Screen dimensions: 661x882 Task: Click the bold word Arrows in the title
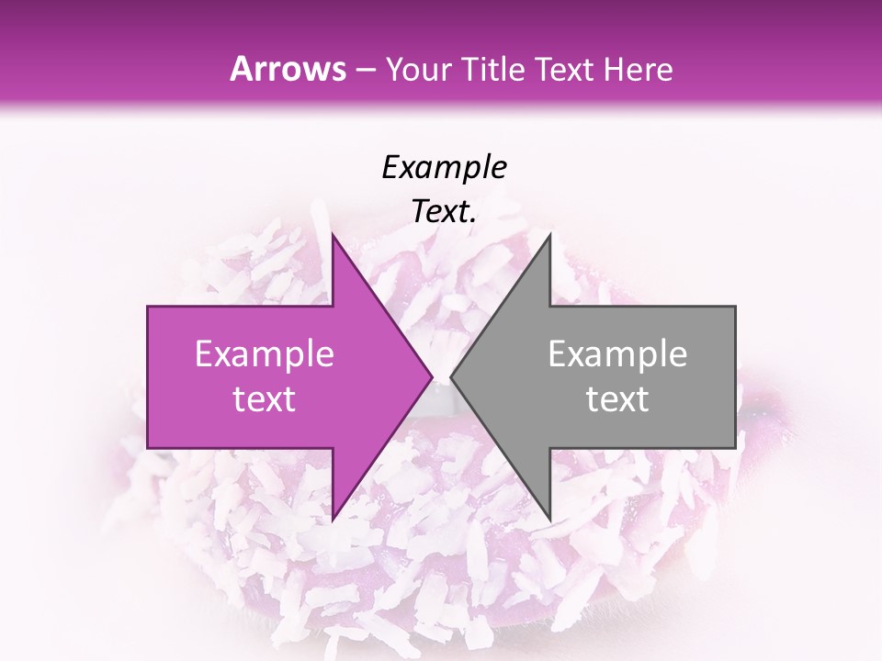coord(288,69)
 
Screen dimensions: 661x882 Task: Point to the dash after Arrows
coord(366,71)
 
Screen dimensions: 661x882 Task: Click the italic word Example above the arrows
coord(444,168)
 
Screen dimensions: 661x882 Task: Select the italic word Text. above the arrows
coord(444,212)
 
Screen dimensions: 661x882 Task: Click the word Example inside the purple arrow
coord(265,354)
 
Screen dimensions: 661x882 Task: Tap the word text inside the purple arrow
coord(265,399)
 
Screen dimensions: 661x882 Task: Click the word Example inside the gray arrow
coord(617,354)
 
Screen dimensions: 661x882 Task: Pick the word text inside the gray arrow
coord(617,399)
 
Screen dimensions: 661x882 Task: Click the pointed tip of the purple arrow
coord(432,377)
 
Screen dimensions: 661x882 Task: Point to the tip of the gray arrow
coord(451,377)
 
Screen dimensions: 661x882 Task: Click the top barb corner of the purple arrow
coord(333,234)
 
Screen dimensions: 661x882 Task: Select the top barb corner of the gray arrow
coord(549,234)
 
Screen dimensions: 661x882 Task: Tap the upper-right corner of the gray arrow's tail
coord(735,307)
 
